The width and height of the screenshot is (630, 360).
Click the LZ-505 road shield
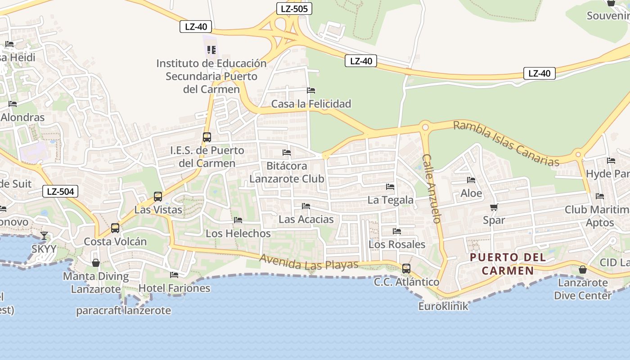[294, 8]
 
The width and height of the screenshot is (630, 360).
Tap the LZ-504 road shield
[60, 191]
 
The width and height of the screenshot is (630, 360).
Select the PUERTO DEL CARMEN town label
[508, 264]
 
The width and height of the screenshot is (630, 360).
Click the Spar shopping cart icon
[494, 207]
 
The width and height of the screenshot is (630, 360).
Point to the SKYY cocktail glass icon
[44, 235]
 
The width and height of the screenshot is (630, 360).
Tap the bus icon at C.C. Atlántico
[406, 269]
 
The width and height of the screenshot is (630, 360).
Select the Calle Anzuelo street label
[431, 189]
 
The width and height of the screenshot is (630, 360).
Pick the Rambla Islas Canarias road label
[506, 143]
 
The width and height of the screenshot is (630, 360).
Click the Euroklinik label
[443, 306]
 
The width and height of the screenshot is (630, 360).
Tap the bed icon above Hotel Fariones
[174, 274]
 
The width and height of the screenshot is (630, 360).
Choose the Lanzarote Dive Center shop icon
[583, 270]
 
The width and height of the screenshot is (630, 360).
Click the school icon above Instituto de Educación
[211, 49]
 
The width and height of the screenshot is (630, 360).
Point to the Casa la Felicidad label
[311, 104]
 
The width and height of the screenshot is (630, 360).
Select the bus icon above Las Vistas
[158, 197]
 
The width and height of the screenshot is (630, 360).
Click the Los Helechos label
[238, 234]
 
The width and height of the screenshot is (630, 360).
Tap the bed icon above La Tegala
[390, 186]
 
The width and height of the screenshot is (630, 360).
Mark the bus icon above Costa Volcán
[115, 228]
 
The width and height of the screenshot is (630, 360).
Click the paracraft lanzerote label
[123, 310]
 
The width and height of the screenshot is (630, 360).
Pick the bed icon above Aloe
[471, 180]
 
